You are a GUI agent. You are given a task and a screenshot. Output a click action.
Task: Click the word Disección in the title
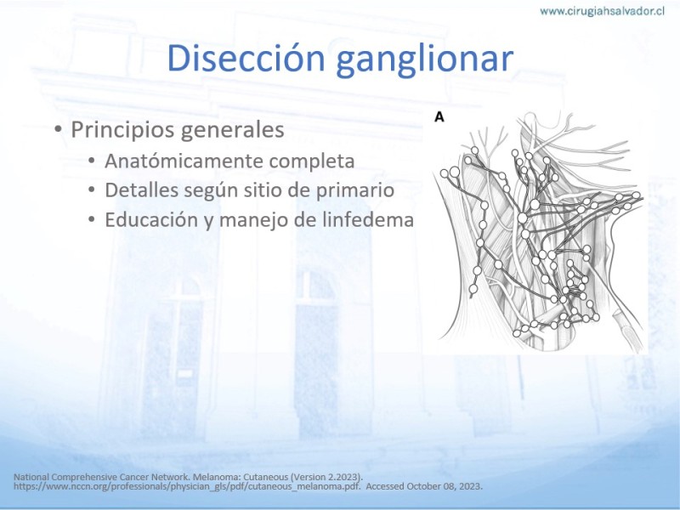point(246,58)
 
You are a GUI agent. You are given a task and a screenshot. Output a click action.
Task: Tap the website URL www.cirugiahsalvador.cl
point(602,11)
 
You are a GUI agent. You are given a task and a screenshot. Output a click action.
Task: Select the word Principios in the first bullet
point(123,130)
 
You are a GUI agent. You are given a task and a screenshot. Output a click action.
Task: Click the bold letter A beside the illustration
point(439,117)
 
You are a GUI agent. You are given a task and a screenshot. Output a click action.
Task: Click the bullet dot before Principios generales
point(58,130)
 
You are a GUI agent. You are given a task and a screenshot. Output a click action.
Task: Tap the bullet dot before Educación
point(92,219)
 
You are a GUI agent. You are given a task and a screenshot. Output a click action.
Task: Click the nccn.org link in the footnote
point(187,486)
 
